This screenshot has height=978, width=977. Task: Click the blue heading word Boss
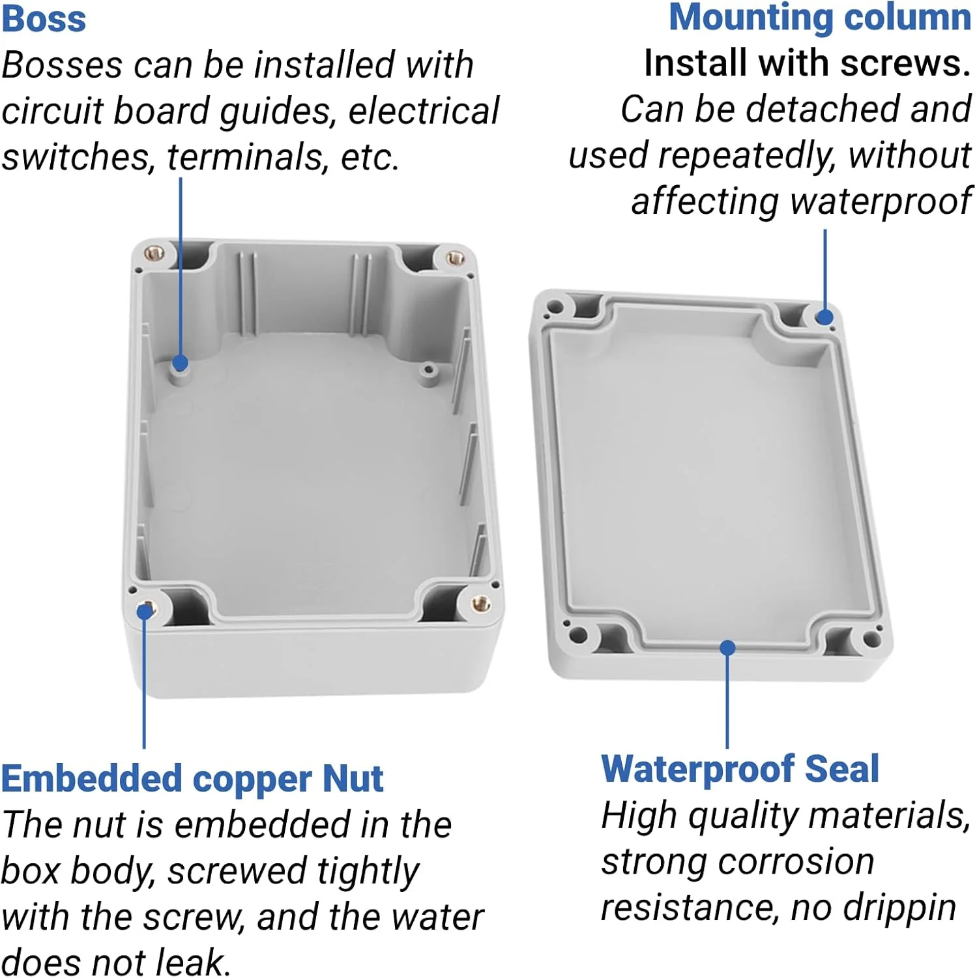(44, 18)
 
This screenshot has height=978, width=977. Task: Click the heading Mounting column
(820, 18)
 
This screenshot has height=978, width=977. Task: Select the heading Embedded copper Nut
(192, 779)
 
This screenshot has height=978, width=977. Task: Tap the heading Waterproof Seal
(740, 769)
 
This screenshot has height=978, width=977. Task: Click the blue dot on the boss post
(181, 363)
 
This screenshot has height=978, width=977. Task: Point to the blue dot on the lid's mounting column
(824, 318)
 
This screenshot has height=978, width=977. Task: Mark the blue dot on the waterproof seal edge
(727, 648)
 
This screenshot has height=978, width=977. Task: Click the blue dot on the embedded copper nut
(144, 612)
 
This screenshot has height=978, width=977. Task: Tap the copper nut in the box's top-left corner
(154, 252)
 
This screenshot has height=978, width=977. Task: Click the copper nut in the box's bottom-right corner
(481, 603)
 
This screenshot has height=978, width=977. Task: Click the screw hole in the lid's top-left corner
(555, 306)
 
